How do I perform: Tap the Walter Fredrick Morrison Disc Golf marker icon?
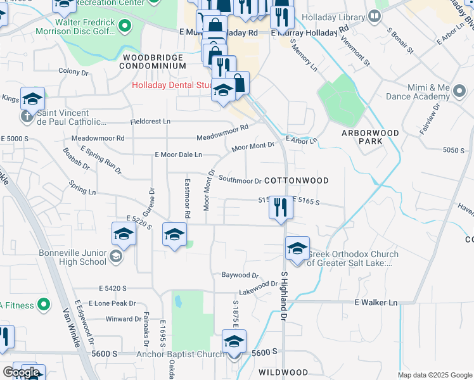(x=125, y=26)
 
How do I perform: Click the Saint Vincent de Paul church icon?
(x=26, y=116)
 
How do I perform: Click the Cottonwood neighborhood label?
(x=296, y=180)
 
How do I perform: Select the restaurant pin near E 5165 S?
(x=281, y=208)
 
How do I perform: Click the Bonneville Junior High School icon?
(x=115, y=256)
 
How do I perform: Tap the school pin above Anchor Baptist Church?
(x=234, y=341)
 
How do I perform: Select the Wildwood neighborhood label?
(x=283, y=372)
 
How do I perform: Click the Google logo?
(x=21, y=372)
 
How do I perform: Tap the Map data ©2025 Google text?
(x=434, y=375)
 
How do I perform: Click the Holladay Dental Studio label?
(x=171, y=86)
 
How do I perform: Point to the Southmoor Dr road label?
(x=240, y=180)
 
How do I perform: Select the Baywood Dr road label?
(x=240, y=275)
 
